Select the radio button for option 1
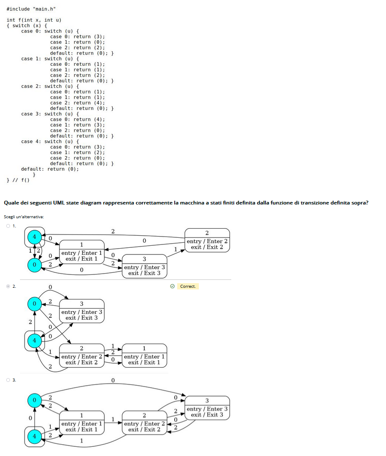7,226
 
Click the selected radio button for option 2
7,287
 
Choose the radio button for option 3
7,380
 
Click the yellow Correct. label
188,287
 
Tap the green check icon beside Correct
173,287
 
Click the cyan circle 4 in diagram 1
35,237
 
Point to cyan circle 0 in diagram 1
35,264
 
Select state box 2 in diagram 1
207,240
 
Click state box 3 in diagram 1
144,266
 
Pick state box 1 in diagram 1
82,252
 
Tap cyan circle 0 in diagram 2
35,304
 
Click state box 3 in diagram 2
82,311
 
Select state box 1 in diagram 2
144,355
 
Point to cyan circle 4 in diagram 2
35,341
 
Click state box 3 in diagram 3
207,408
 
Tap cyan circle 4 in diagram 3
35,436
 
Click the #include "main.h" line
31,9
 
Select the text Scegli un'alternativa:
24,217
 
